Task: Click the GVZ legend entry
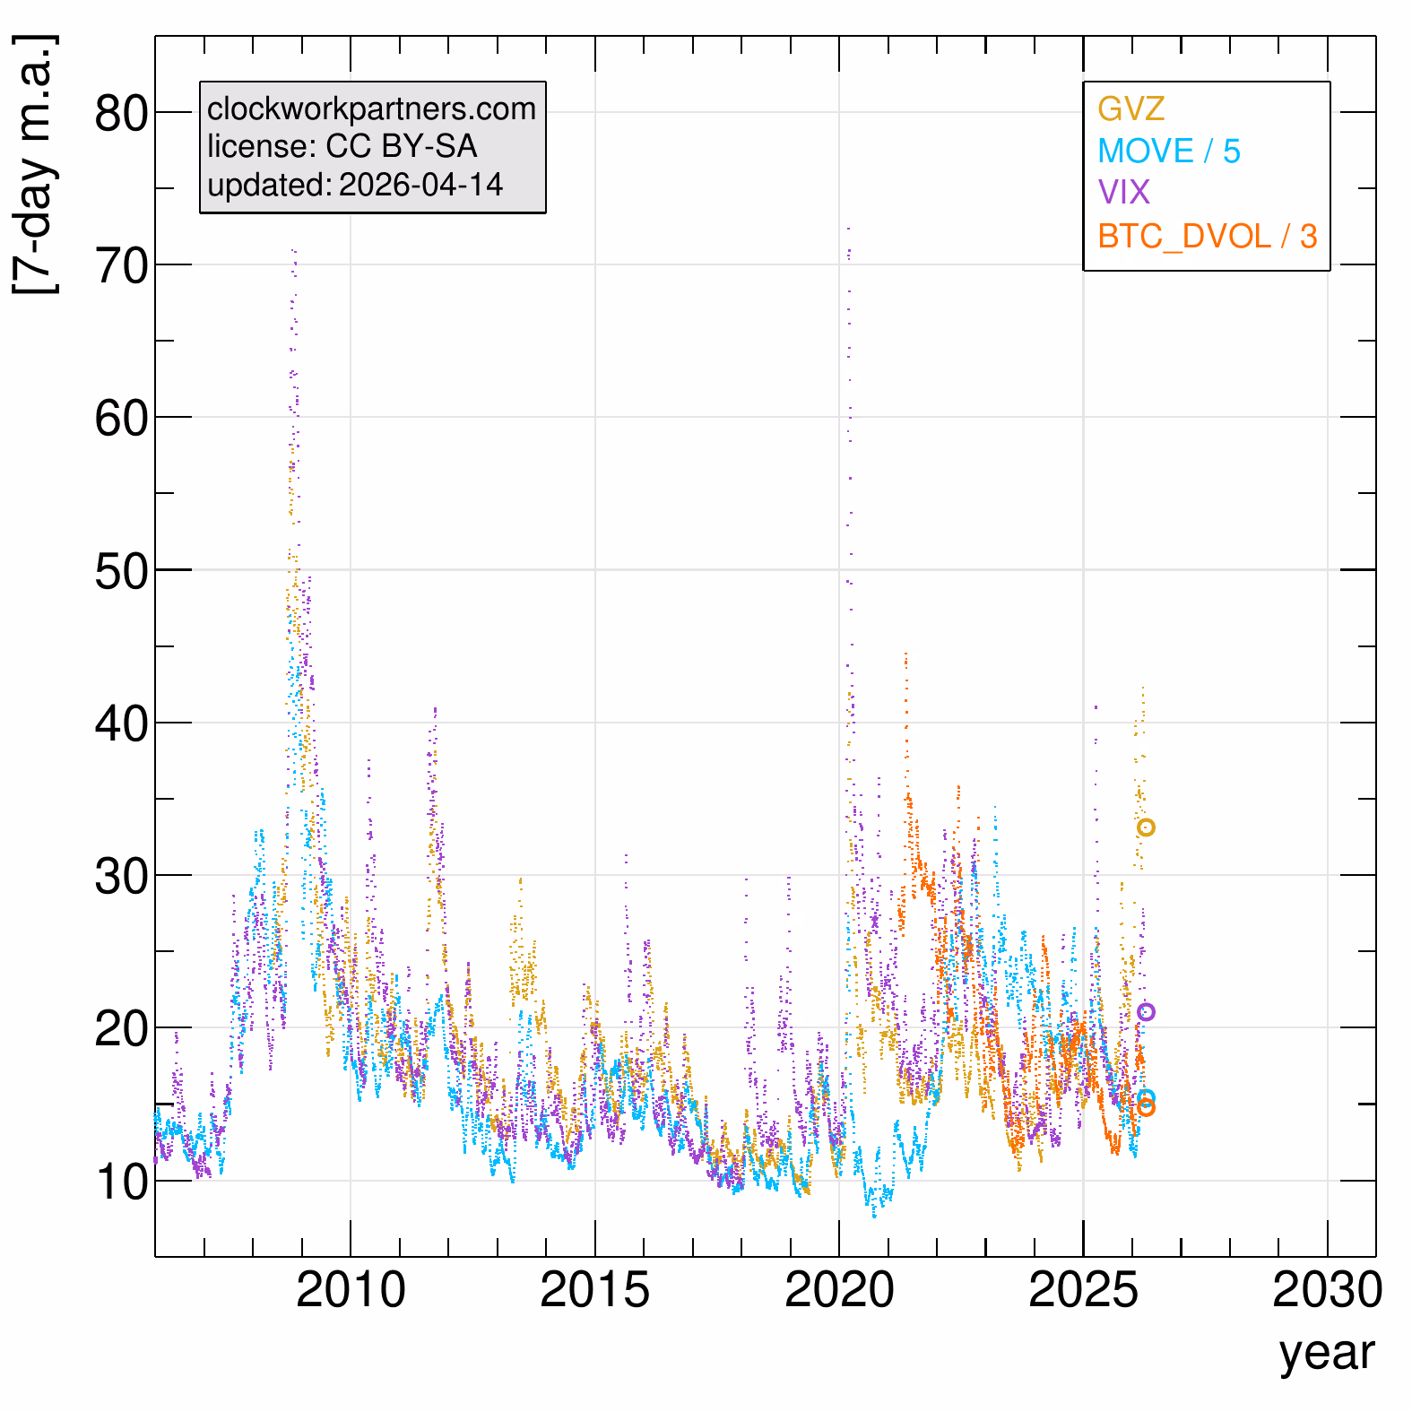pyautogui.click(x=1130, y=108)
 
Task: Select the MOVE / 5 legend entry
pyautogui.click(x=1169, y=151)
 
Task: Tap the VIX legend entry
pyautogui.click(x=1123, y=192)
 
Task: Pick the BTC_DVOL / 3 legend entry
pyautogui.click(x=1207, y=236)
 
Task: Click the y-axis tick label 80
pyautogui.click(x=121, y=114)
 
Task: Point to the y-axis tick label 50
pyautogui.click(x=121, y=571)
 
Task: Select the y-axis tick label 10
pyautogui.click(x=121, y=1182)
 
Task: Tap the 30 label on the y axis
pyautogui.click(x=121, y=876)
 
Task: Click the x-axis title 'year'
pyautogui.click(x=1326, y=1353)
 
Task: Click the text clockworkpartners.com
pyautogui.click(x=371, y=108)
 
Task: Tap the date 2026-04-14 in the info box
pyautogui.click(x=420, y=185)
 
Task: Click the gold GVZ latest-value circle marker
pyautogui.click(x=1146, y=827)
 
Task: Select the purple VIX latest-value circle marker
pyautogui.click(x=1146, y=1012)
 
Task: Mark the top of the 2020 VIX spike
pyautogui.click(x=848, y=230)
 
